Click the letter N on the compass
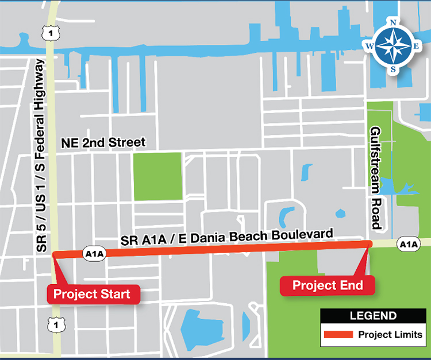click(x=393, y=23)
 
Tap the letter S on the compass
click(x=393, y=69)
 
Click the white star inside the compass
click(x=393, y=46)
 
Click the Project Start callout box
click(x=92, y=295)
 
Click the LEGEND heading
click(x=373, y=316)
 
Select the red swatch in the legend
click(x=337, y=335)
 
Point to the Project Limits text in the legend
click(x=390, y=335)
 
